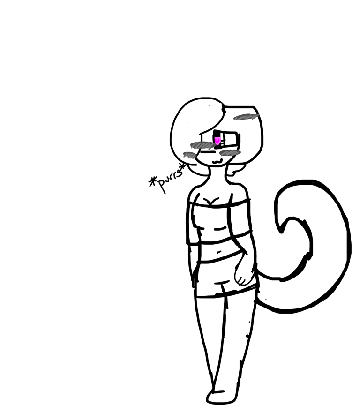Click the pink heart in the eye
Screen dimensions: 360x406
pos(217,141)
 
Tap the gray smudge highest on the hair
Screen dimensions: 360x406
pos(246,117)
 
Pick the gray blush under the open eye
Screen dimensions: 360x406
pos(231,152)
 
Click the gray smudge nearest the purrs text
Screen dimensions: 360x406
pos(189,155)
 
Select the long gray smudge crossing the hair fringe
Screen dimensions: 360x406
pos(202,144)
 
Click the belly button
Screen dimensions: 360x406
pos(219,251)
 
